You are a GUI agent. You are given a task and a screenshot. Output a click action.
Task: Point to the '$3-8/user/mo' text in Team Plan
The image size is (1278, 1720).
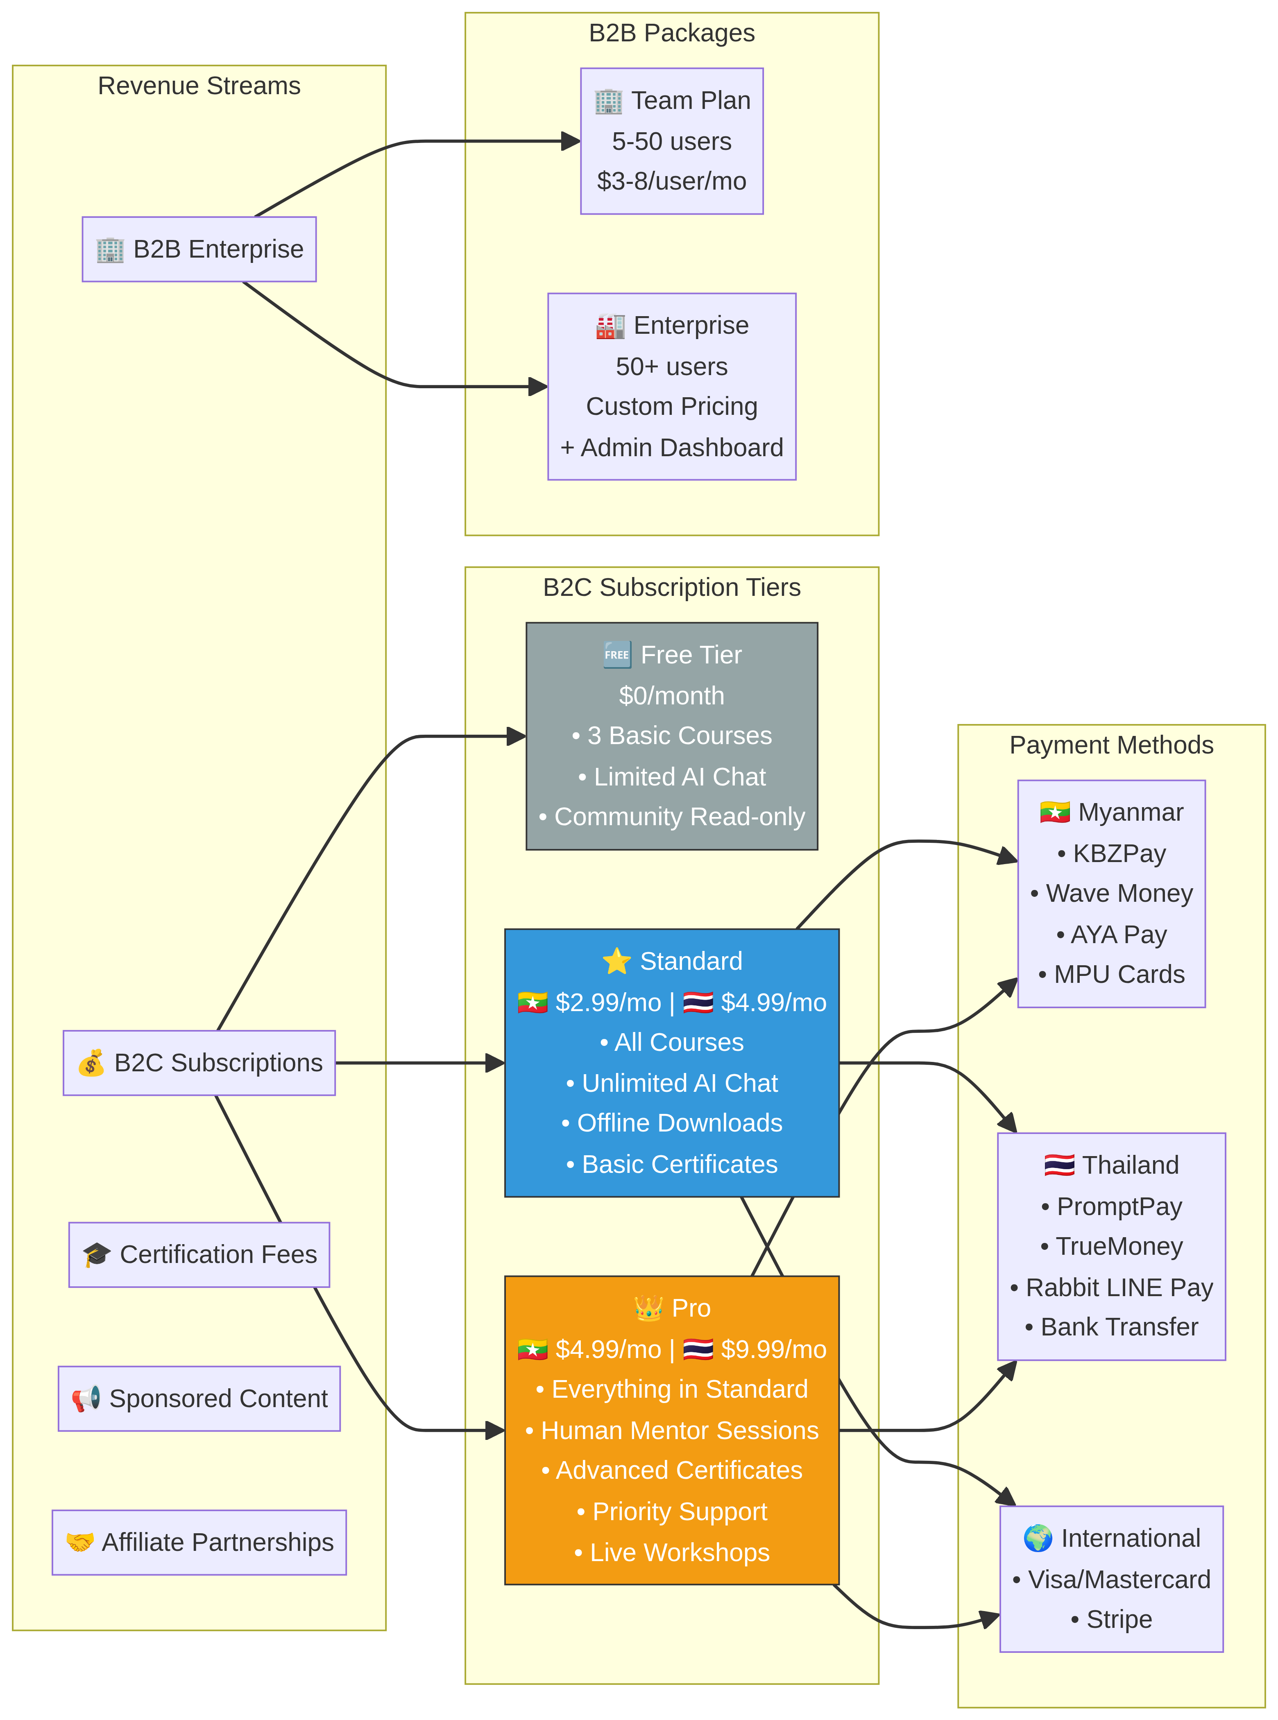coord(671,181)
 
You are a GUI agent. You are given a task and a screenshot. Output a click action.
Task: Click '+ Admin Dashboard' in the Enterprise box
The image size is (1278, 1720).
coord(671,448)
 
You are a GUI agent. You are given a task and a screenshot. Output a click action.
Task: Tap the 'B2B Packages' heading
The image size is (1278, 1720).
coord(671,33)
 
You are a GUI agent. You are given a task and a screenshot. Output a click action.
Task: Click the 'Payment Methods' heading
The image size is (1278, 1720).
coord(1111,745)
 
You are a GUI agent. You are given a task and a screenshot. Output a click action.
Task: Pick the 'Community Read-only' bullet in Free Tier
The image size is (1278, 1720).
coord(671,817)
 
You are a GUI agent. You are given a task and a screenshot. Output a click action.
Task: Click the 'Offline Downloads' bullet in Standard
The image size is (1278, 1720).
coord(671,1123)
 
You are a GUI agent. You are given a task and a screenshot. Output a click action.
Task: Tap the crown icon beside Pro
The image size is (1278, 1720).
coord(648,1308)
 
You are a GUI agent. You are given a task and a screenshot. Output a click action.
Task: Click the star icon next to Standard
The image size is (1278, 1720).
coord(616,961)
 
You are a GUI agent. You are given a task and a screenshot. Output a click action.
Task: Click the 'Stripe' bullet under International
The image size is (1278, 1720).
coord(1112,1619)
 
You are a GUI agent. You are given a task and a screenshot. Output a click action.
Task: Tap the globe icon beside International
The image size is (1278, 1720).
coord(1038,1538)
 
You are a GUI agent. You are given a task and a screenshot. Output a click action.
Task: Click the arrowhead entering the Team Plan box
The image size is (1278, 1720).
coord(571,142)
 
